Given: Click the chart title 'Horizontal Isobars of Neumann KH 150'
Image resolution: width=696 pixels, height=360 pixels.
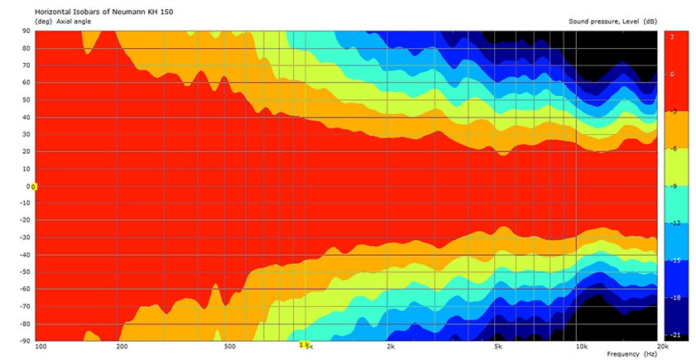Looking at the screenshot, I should [105, 12].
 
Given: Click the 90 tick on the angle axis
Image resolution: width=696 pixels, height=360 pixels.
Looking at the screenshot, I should [26, 31].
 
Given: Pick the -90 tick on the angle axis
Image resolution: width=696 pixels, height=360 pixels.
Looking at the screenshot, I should [25, 340].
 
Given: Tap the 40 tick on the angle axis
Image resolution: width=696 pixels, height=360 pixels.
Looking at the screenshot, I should [26, 117].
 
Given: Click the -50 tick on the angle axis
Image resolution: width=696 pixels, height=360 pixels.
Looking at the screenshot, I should [25, 271].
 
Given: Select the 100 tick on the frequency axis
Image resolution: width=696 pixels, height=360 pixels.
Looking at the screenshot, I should [41, 347].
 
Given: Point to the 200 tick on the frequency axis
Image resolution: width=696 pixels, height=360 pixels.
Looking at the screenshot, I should [122, 347].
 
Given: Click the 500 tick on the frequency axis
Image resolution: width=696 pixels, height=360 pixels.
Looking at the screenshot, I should [229, 347].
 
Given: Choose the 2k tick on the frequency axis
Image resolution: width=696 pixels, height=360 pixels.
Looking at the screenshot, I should [391, 347].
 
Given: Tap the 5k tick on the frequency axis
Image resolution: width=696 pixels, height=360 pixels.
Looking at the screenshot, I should [498, 347].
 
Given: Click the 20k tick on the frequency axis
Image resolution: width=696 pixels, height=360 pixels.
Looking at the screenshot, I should [661, 347].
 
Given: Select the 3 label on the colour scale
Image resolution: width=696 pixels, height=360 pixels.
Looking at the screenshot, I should [672, 36].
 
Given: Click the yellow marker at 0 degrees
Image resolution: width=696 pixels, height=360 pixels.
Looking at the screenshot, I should [34, 186].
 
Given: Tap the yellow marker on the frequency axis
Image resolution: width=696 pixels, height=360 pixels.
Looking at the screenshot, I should [303, 344].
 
